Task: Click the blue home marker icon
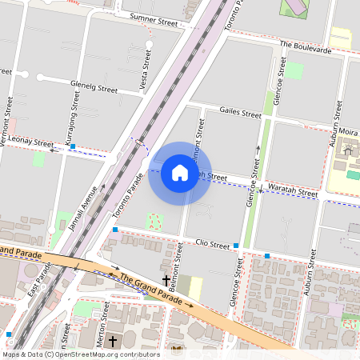pos(180,173)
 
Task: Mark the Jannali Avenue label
pos(83,207)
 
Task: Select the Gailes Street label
pos(240,114)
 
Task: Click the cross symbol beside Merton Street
pos(113,342)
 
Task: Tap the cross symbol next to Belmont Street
pos(166,281)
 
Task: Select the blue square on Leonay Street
pos(73,146)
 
